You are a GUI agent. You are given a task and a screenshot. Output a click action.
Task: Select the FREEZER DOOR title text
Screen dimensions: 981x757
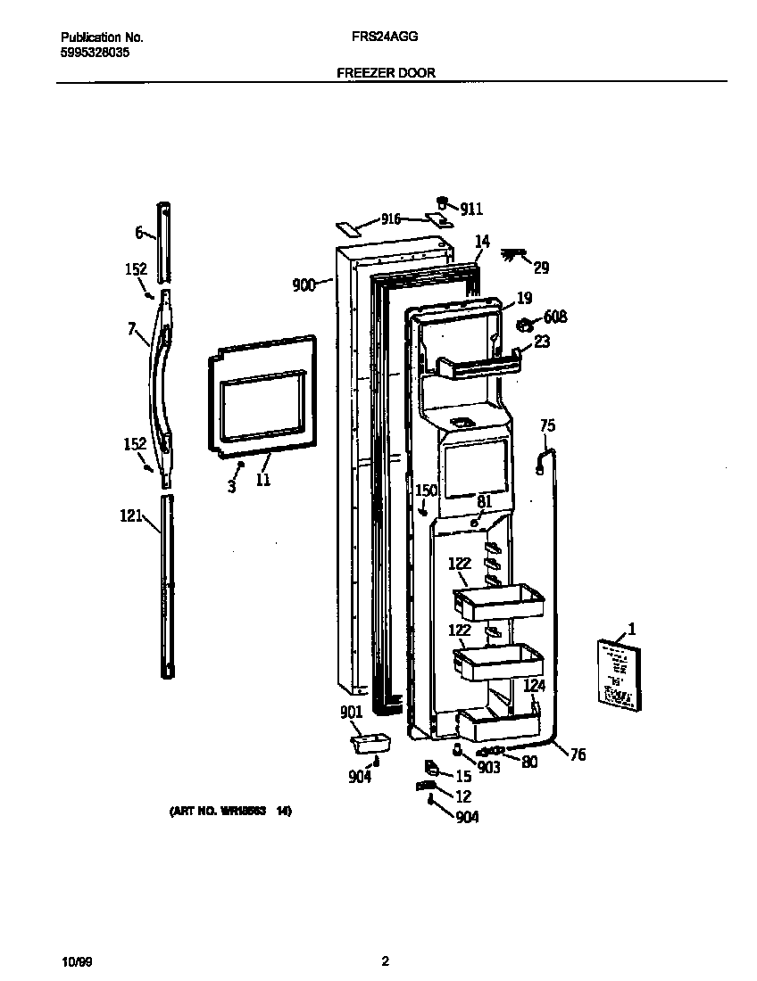tap(386, 73)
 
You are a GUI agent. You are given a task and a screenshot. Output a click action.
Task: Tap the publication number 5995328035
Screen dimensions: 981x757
tap(95, 53)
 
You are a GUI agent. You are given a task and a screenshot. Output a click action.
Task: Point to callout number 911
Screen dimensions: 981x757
tap(471, 209)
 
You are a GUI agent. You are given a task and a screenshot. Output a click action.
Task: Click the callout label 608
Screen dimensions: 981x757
tap(554, 317)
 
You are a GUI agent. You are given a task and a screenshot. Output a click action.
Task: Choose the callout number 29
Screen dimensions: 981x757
tap(542, 268)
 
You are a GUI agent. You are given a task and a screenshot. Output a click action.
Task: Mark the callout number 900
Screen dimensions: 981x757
tap(304, 285)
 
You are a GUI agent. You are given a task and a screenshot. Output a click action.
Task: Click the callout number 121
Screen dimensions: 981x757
tap(131, 515)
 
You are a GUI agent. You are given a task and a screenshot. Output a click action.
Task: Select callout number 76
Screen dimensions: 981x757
tap(578, 754)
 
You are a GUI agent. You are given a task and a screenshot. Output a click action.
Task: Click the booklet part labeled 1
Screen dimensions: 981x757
tap(618, 673)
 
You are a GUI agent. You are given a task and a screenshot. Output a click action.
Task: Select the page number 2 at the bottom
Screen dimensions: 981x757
tap(385, 961)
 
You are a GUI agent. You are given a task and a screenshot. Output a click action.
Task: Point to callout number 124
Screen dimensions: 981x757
tap(534, 686)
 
